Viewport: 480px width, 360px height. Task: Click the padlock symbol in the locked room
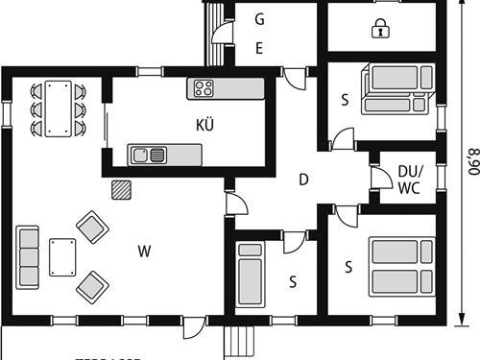[x=380, y=29]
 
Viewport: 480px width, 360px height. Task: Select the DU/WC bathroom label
[x=409, y=179]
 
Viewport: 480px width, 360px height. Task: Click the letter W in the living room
[x=144, y=252]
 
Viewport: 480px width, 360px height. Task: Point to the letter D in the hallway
[x=302, y=180]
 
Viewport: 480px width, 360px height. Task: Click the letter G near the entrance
[x=259, y=19]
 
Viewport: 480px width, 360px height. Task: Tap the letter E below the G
[x=259, y=49]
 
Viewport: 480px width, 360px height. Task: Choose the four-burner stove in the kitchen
[x=204, y=88]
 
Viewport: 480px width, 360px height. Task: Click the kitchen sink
[x=150, y=154]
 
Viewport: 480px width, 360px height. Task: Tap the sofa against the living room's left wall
[x=28, y=256]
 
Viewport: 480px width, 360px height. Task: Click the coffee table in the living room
[x=62, y=256]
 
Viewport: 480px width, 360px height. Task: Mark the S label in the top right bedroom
[x=344, y=100]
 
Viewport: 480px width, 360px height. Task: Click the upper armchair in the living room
[x=92, y=228]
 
